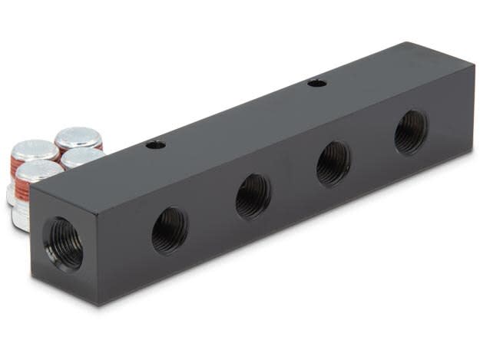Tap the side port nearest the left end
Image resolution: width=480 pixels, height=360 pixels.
169,230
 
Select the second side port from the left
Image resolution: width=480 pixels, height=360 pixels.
253,196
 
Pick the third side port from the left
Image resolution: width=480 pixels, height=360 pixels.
333,163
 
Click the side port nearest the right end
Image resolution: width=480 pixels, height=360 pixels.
411,132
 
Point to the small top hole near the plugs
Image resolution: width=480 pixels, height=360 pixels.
156,144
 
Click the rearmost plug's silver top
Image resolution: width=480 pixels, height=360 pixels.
78,137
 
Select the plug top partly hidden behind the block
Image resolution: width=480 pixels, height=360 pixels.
83,157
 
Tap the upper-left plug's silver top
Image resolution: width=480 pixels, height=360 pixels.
35,150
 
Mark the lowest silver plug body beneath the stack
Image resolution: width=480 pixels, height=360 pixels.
21,217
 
